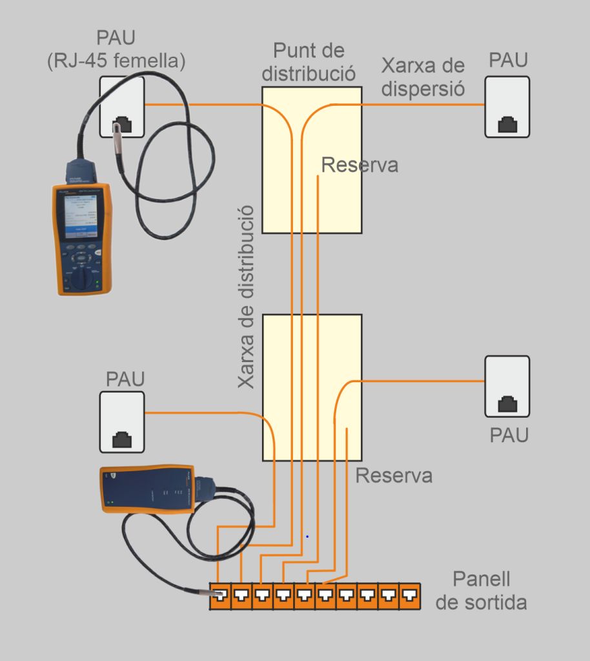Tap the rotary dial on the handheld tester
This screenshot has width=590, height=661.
point(82,278)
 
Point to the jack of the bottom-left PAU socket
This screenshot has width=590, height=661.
point(122,440)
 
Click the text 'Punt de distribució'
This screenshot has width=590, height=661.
point(309,61)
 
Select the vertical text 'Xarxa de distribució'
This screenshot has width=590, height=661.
point(246,297)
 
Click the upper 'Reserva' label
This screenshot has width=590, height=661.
point(360,165)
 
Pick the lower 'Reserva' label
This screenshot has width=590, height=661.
point(394,476)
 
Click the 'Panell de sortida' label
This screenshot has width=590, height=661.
point(481,591)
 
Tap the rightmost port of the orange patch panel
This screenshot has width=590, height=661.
point(410,596)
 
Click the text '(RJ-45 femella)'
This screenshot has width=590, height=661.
point(116,61)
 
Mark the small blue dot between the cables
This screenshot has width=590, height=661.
point(307,536)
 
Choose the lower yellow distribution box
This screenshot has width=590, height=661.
point(312,387)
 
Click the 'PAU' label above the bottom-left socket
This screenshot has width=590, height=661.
point(125,379)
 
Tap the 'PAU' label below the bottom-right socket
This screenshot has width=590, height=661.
point(509,434)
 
